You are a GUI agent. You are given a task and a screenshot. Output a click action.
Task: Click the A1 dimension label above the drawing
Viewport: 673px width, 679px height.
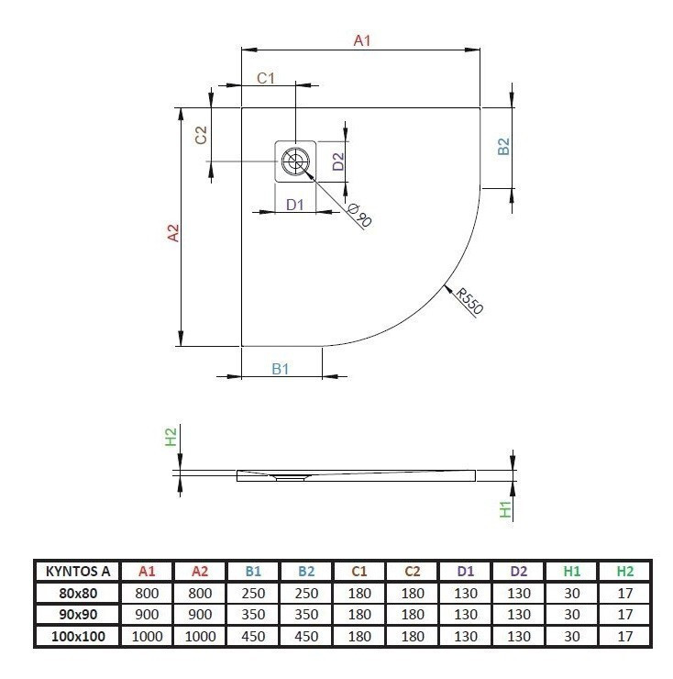(x=362, y=39)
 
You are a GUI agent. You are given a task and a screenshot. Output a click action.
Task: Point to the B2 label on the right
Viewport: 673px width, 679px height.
(x=502, y=147)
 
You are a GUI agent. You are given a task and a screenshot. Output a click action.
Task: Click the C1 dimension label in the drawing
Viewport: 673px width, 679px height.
(x=266, y=79)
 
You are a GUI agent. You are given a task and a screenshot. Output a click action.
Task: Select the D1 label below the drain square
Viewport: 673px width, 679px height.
(x=294, y=205)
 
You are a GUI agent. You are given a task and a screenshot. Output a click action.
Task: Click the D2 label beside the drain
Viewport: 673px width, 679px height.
(x=337, y=162)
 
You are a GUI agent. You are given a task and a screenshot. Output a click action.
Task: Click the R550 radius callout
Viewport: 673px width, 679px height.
(x=469, y=300)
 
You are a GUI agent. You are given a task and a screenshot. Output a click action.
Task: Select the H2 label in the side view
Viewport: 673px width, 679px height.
(x=171, y=439)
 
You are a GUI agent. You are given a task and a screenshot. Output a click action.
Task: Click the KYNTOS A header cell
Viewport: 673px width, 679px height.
(x=77, y=570)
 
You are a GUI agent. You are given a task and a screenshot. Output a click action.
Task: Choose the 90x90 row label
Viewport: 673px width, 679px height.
(x=77, y=615)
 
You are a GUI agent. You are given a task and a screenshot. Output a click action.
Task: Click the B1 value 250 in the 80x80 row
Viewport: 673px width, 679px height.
(x=253, y=593)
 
